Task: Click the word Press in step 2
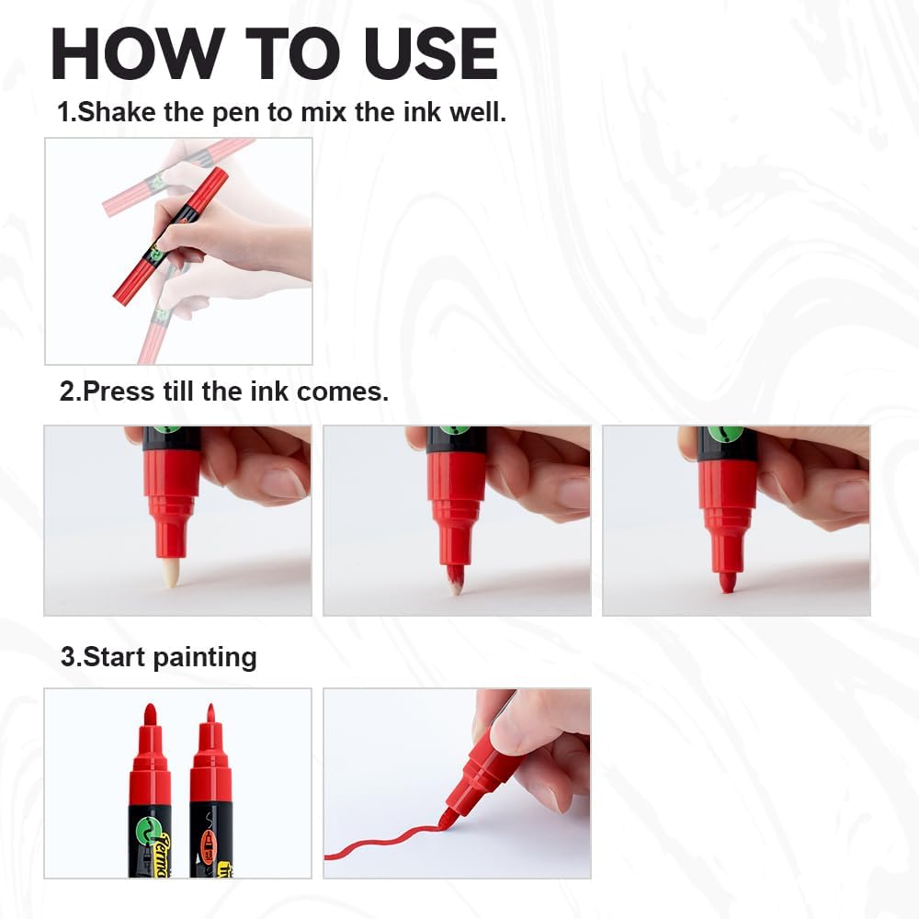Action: point(115,391)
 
